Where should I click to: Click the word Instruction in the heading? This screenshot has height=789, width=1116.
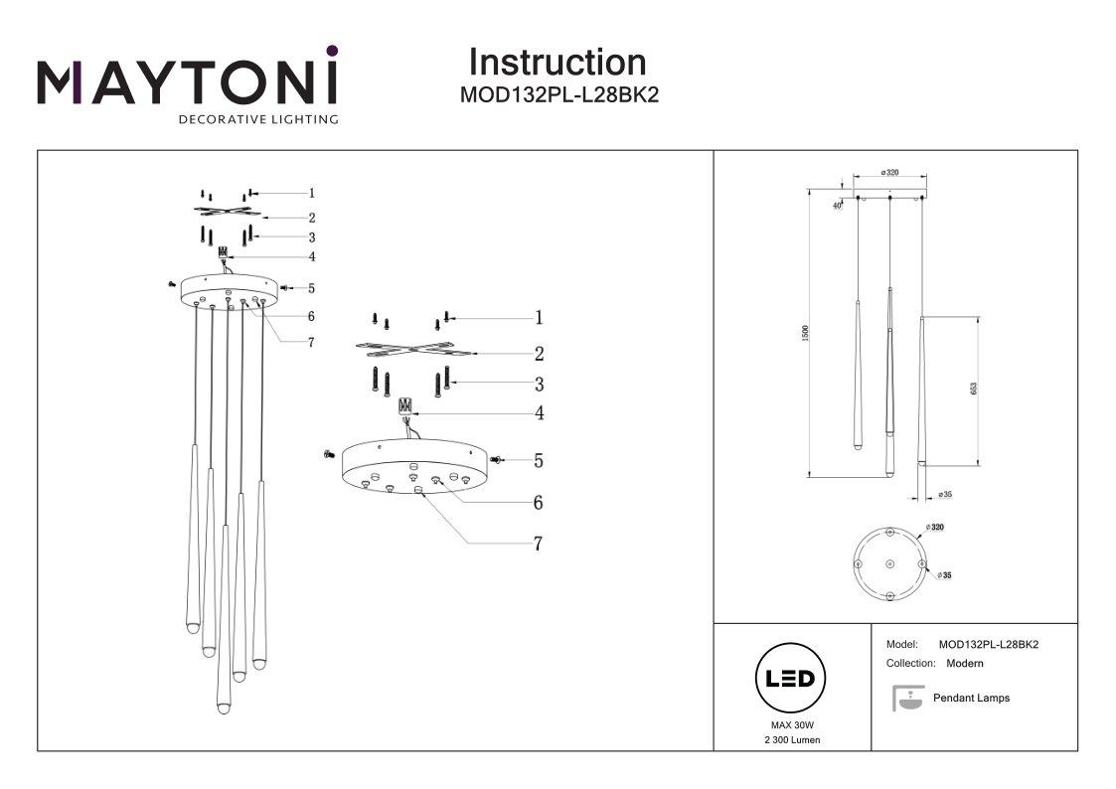tap(557, 62)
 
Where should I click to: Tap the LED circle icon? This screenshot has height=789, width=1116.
tap(792, 680)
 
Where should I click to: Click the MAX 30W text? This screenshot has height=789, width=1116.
tap(792, 727)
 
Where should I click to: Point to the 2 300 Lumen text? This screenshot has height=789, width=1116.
tap(792, 741)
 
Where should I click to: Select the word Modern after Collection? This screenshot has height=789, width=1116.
tap(965, 663)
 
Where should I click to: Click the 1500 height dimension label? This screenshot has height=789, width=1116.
tap(806, 335)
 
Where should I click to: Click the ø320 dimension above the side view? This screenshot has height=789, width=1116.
tap(889, 173)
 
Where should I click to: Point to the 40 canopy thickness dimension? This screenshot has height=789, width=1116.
tap(838, 205)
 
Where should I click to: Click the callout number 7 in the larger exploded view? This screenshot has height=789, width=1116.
tap(538, 544)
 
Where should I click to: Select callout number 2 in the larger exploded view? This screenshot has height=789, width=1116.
tap(538, 354)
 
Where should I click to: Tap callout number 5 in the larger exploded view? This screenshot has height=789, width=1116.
tap(538, 461)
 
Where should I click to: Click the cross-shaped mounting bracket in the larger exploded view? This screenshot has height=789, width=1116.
tap(410, 351)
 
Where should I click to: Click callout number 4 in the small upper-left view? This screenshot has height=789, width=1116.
tap(311, 256)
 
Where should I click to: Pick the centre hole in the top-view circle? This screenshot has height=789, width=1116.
tap(889, 564)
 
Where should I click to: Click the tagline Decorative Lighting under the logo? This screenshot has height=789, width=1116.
tap(257, 120)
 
